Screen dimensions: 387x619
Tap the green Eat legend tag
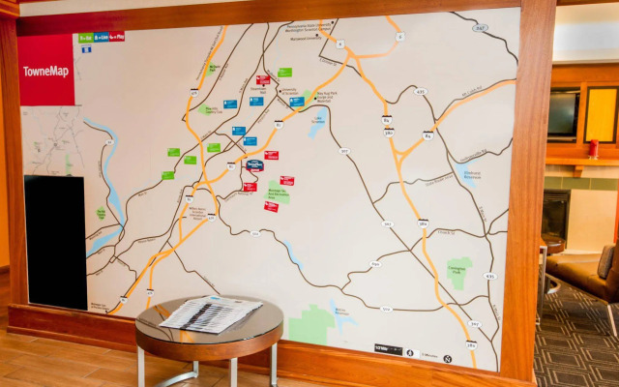point(86,38)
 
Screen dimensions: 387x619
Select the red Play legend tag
point(117,37)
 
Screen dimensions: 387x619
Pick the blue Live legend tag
point(101,37)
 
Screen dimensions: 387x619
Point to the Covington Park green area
point(459,272)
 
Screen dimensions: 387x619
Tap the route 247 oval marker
point(481,29)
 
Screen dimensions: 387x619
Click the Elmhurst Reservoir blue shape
point(471,176)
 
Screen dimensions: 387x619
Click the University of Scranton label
point(288,91)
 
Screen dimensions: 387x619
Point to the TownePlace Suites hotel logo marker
point(254,165)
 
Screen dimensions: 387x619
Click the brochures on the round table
point(210,313)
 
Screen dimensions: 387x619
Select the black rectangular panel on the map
point(54,242)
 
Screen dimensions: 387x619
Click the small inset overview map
point(53,140)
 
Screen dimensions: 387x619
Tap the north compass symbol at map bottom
point(448,358)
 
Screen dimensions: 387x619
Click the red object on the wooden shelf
point(593,149)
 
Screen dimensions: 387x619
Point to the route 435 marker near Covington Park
point(489,276)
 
